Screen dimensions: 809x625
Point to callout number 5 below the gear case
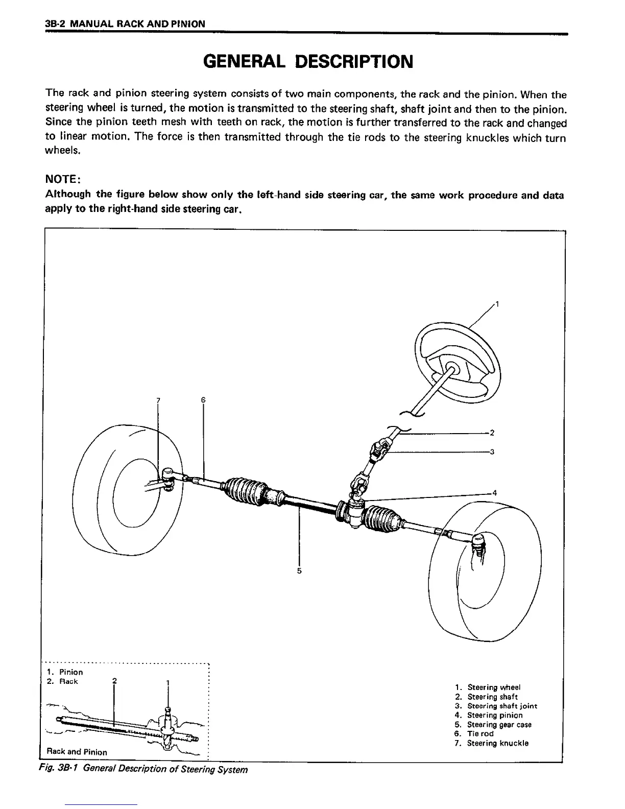click(299, 570)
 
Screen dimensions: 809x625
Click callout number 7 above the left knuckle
click(158, 400)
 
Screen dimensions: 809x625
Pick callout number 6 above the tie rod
click(203, 400)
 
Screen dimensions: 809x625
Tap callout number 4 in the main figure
click(494, 493)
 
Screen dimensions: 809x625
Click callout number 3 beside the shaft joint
click(491, 451)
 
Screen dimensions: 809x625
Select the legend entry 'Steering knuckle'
click(497, 743)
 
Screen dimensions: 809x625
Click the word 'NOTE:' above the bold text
click(62, 179)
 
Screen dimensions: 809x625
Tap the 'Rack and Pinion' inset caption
click(77, 752)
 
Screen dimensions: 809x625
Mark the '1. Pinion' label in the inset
click(65, 672)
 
